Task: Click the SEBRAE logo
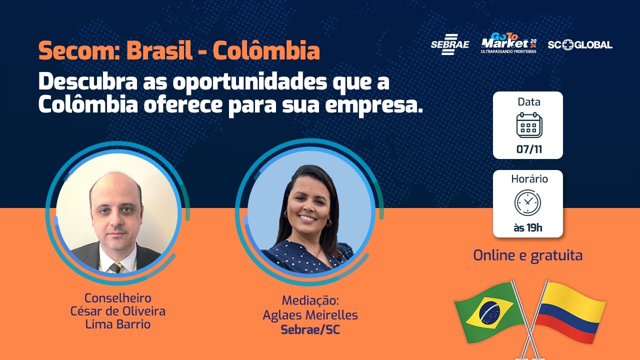(x=449, y=44)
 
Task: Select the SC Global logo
(x=579, y=44)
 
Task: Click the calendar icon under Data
(x=529, y=125)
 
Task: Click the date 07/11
(x=529, y=149)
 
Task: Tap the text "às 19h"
(x=528, y=228)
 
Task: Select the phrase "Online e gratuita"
(x=528, y=255)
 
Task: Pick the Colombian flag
(x=570, y=310)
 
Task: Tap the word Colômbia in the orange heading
(x=266, y=51)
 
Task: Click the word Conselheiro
(x=117, y=298)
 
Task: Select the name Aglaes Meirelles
(x=310, y=315)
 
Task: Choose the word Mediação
(x=310, y=301)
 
